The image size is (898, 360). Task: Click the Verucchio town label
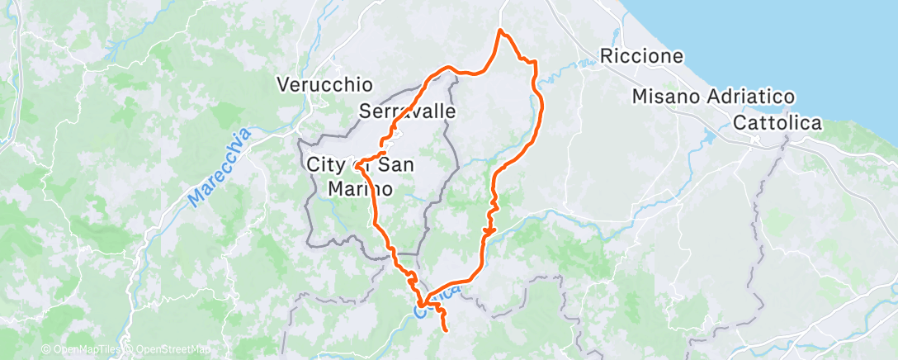[325, 84]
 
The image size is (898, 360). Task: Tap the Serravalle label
[409, 111]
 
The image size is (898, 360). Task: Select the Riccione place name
[643, 57]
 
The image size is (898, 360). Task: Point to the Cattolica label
[777, 123]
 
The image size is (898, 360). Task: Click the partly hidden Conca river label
[437, 302]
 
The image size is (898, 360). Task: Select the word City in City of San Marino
[324, 164]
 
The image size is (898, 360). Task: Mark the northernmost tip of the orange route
[500, 31]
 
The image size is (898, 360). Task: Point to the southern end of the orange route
[446, 330]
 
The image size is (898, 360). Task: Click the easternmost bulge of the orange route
[541, 103]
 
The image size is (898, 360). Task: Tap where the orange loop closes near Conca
[421, 307]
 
